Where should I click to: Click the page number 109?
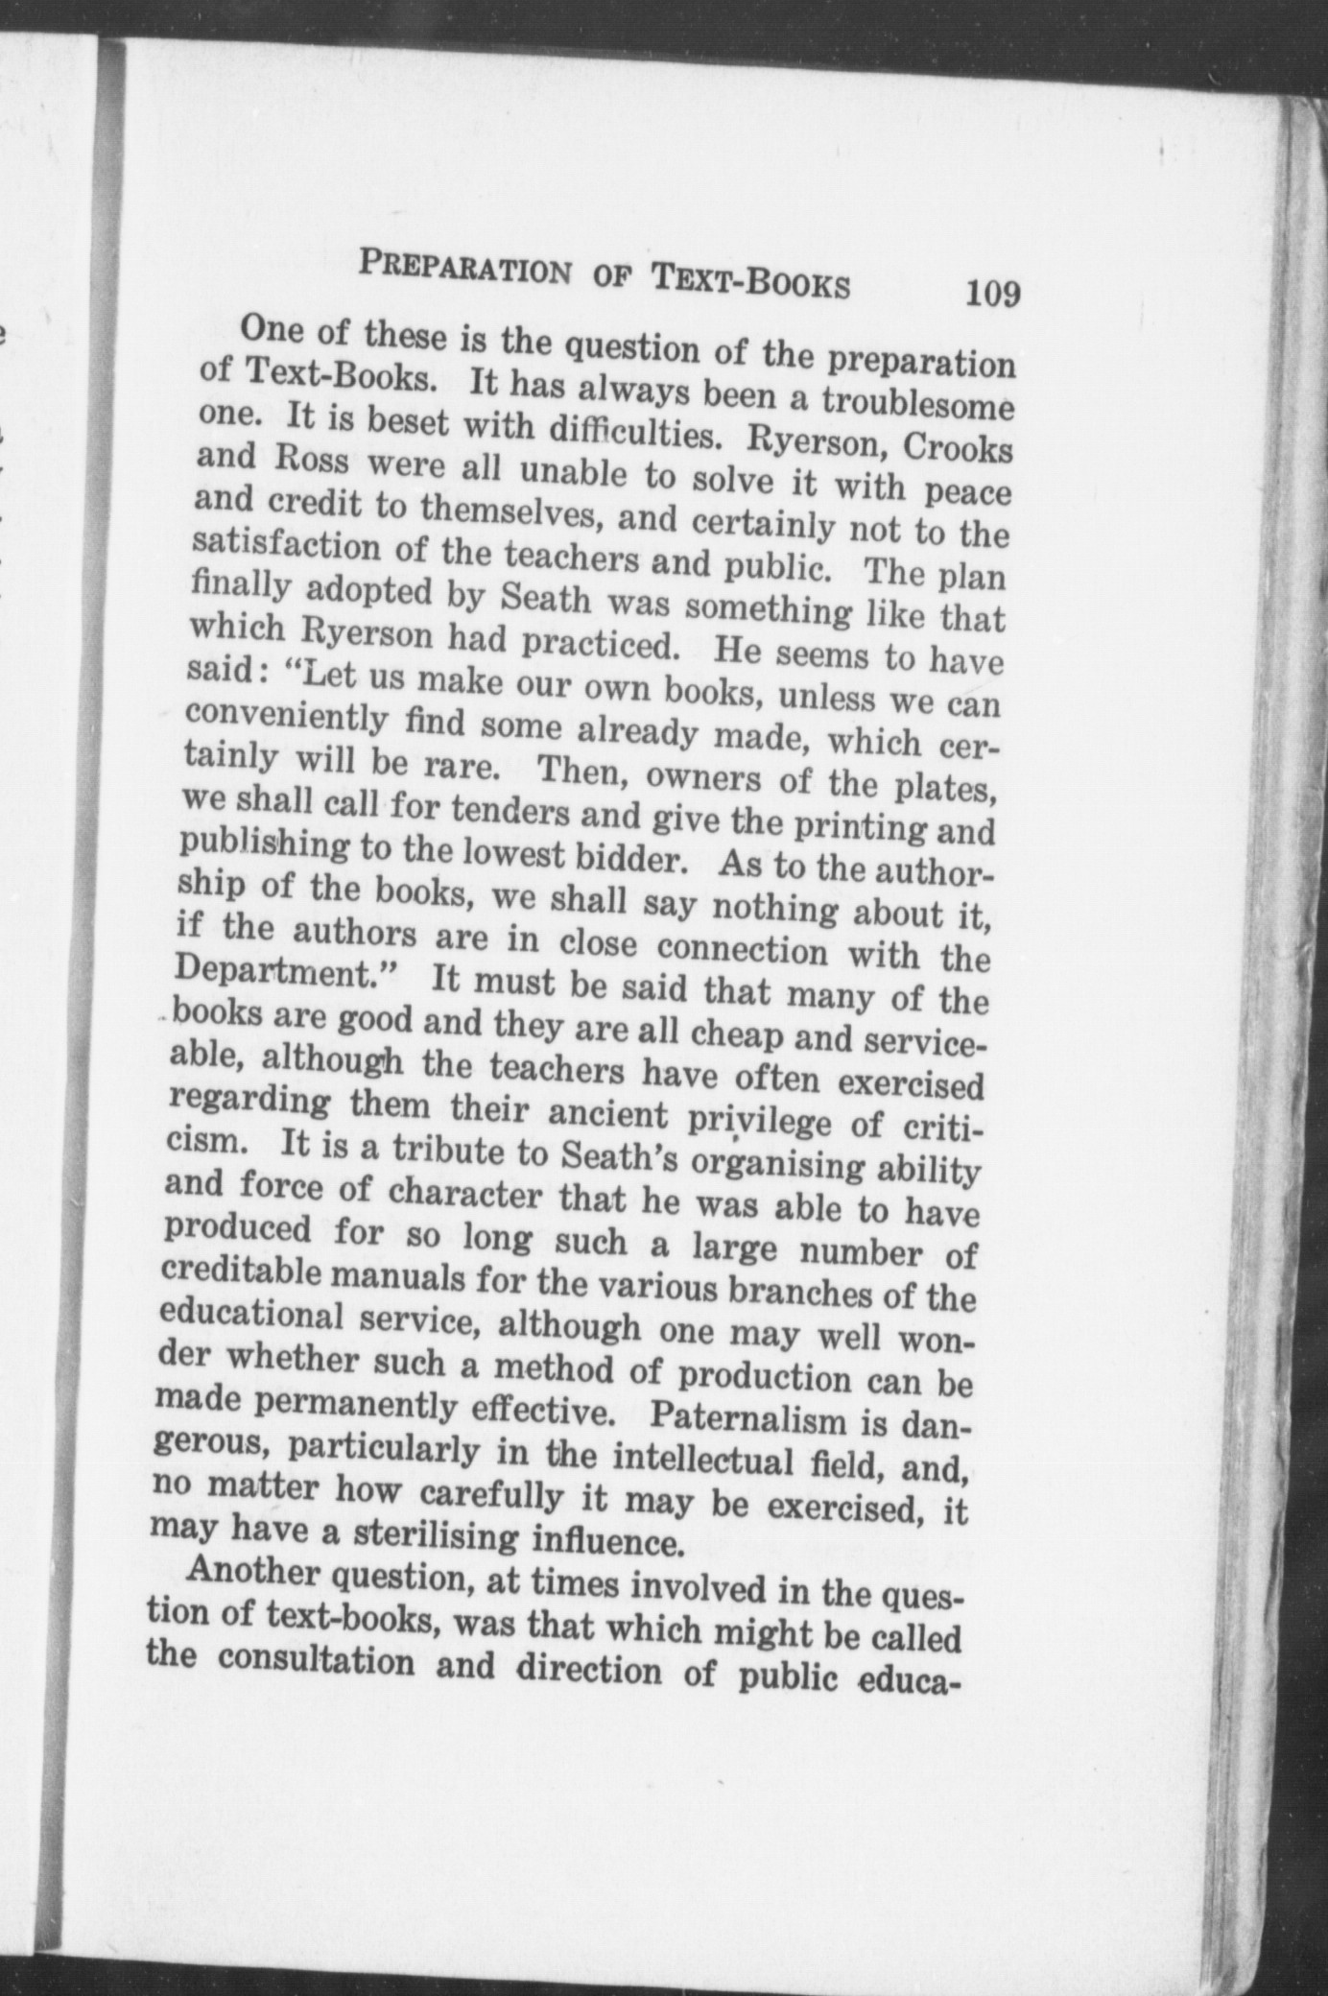(992, 292)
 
